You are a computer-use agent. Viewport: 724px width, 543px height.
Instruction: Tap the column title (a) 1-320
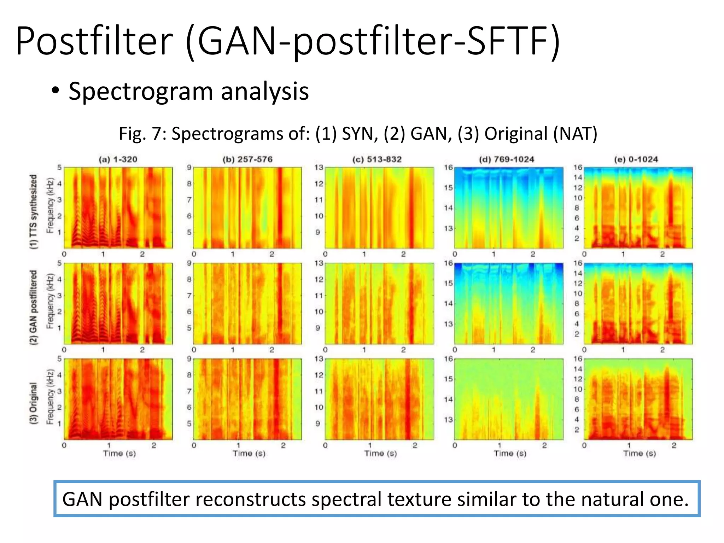pos(118,159)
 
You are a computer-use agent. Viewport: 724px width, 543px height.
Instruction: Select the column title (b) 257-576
pos(247,159)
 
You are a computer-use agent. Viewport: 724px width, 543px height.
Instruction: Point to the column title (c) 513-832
pos(377,159)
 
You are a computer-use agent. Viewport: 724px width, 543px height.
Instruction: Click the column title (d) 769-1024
pos(506,159)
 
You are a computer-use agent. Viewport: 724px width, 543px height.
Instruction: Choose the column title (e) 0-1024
pos(636,159)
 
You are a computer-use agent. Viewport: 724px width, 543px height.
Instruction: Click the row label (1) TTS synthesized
pos(33,211)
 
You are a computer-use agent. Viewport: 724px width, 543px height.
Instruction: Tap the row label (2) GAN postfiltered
pos(33,307)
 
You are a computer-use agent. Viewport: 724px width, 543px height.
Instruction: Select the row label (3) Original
pos(33,403)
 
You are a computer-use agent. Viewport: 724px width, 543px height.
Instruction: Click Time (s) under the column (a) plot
pos(119,454)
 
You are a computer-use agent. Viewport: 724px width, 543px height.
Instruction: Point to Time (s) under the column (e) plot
pos(640,454)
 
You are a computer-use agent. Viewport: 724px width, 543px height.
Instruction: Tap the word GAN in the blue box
pos(82,500)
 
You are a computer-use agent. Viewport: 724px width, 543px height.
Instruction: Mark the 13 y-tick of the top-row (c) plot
pos(319,168)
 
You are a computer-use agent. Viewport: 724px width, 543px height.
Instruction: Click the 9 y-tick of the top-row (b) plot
pos(189,168)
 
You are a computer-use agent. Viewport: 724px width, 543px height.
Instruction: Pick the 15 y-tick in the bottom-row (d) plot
pos(448,379)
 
